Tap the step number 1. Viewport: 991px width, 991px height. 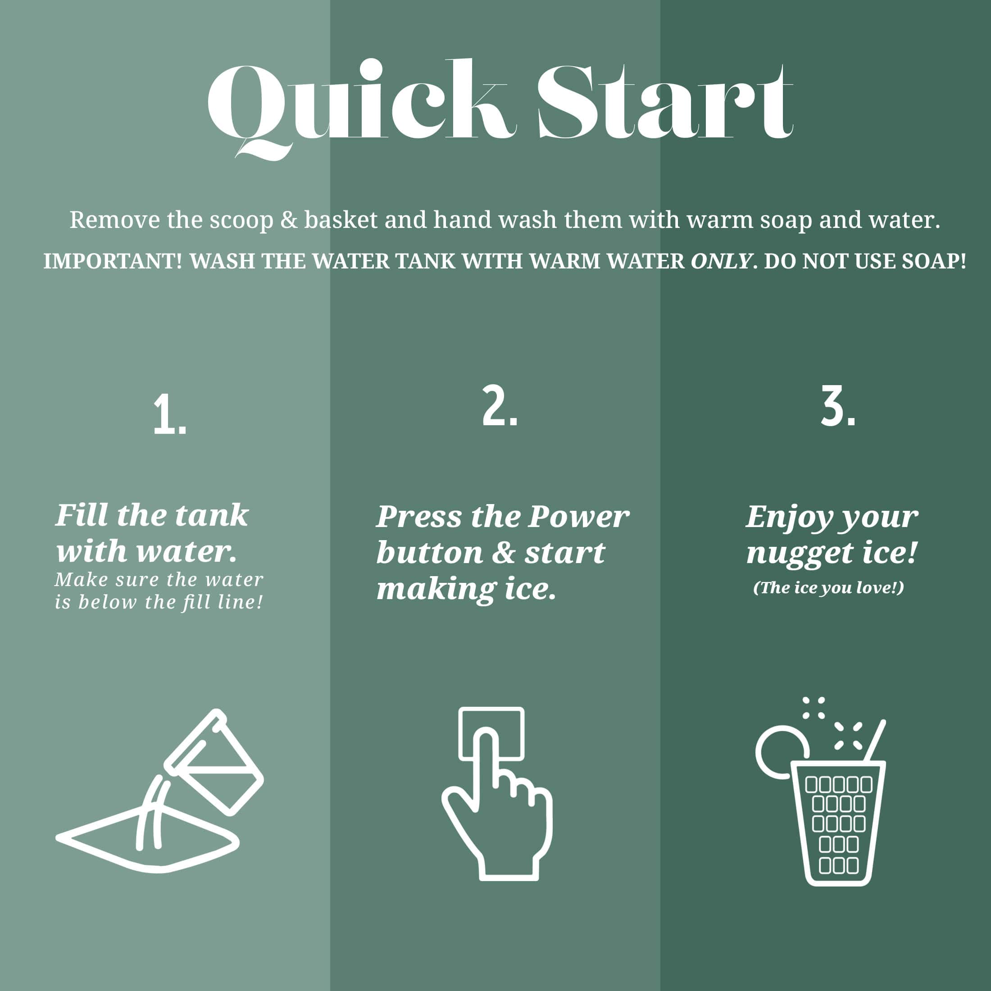(169, 415)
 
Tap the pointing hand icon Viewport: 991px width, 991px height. (496, 794)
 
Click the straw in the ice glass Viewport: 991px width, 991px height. (875, 740)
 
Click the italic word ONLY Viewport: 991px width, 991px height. (722, 262)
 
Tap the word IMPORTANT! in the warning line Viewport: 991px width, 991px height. (113, 262)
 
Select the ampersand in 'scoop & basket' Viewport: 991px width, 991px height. (289, 220)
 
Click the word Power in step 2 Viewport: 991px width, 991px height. (578, 517)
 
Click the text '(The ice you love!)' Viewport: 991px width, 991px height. (828, 588)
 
